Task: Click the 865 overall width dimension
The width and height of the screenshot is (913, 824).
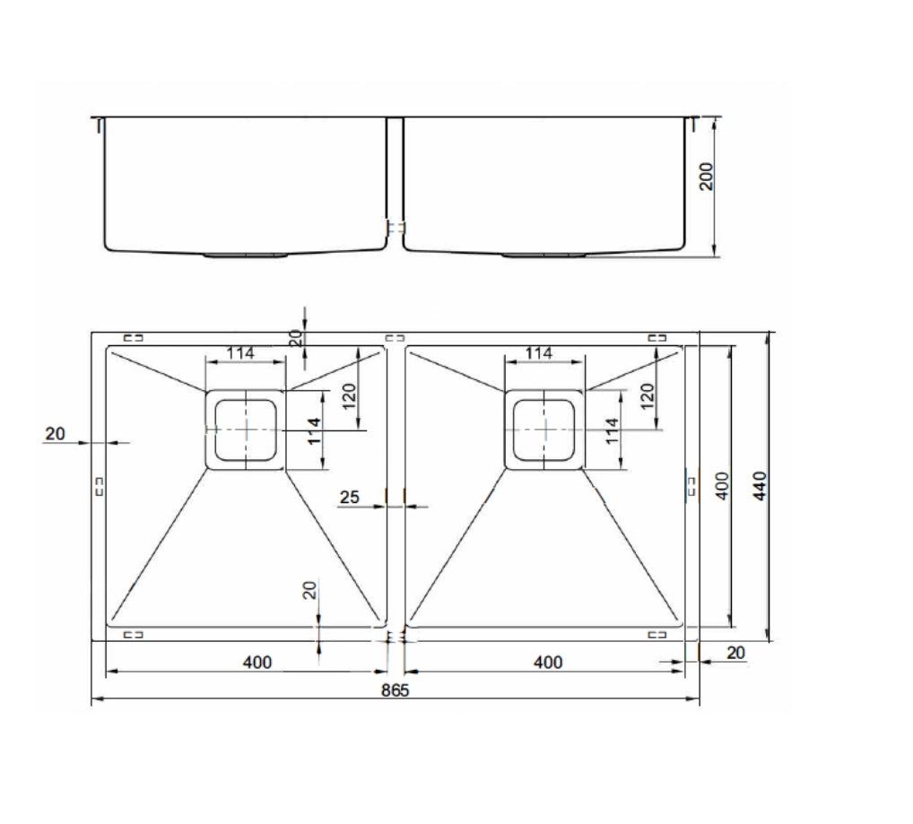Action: pos(396,690)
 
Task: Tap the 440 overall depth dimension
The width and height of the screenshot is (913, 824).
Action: pos(760,486)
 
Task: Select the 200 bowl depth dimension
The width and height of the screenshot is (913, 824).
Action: pos(706,177)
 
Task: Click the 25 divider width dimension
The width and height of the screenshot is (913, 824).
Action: pos(350,497)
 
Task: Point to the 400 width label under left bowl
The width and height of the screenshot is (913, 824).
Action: pos(257,663)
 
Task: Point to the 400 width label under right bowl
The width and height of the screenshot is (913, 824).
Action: pos(548,663)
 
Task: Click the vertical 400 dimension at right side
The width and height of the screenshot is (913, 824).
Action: pos(721,485)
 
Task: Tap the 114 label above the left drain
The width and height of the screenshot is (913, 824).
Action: pos(240,352)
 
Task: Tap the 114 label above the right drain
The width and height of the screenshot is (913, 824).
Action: pos(539,352)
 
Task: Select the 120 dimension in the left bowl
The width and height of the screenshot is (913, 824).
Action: pos(349,396)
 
